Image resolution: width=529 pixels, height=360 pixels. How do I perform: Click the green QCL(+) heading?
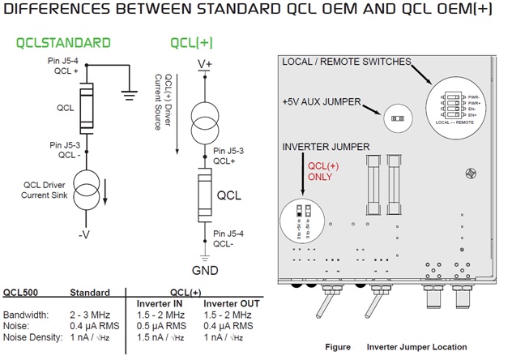pyautogui.click(x=192, y=43)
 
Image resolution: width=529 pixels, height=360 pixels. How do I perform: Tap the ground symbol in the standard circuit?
pyautogui.click(x=127, y=92)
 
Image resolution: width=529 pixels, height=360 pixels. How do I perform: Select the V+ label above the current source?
pyautogui.click(x=204, y=63)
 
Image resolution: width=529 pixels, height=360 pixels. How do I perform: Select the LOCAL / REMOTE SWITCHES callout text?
pyautogui.click(x=346, y=62)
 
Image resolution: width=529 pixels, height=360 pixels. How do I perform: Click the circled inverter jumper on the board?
pyautogui.click(x=302, y=221)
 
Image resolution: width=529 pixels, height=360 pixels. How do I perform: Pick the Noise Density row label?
pyautogui.click(x=31, y=336)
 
